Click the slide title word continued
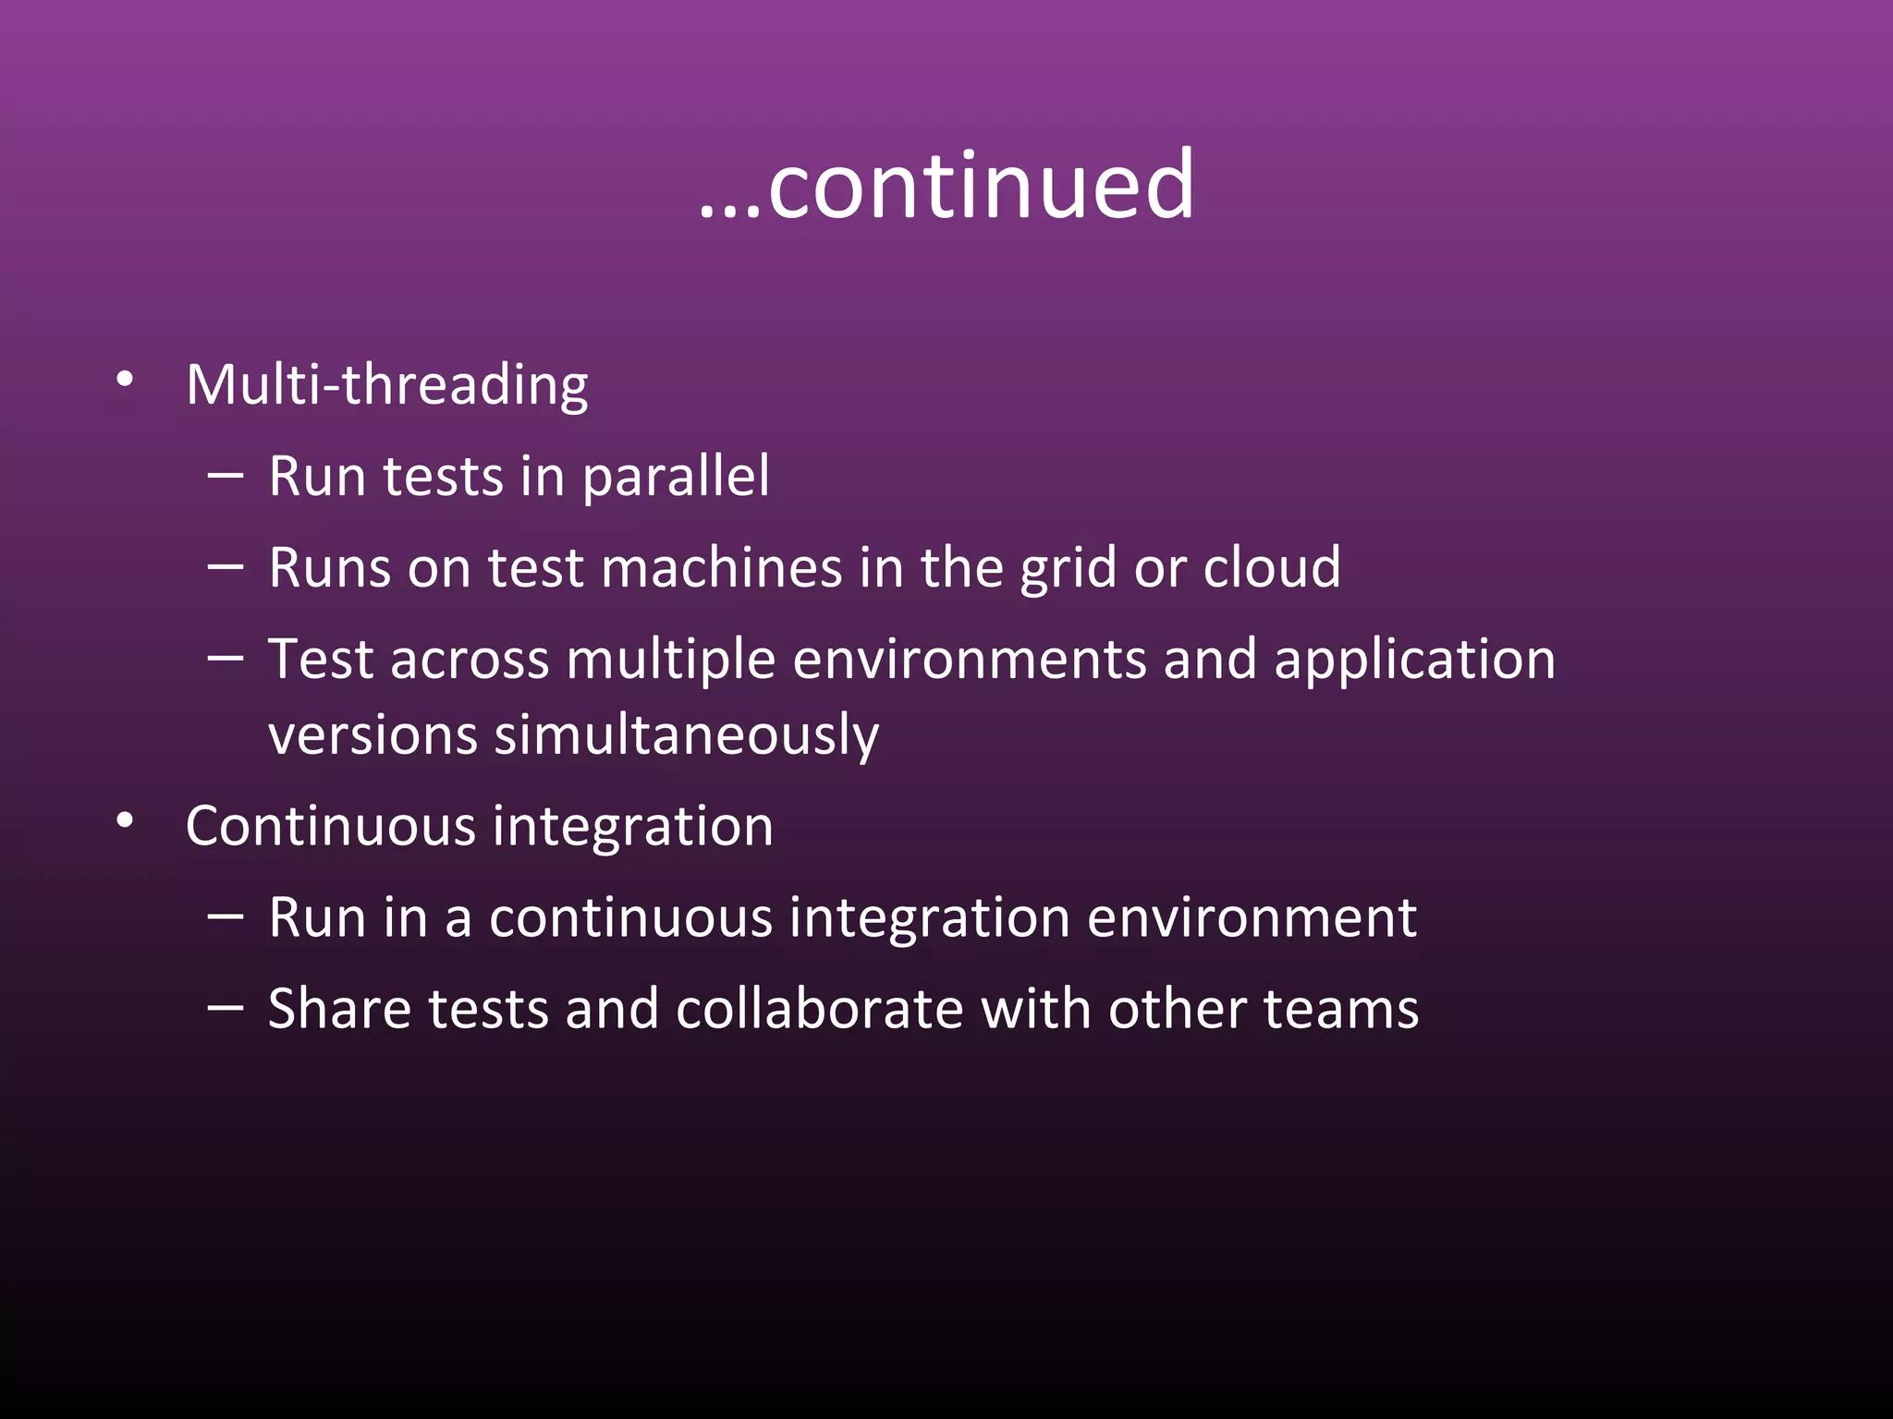980,187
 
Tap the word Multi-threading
386,384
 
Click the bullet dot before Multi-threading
126,380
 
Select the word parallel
676,477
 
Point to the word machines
721,567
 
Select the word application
1414,661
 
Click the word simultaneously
687,735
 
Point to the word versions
372,735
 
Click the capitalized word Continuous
331,826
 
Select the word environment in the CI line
1252,917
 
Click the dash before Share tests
226,1008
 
